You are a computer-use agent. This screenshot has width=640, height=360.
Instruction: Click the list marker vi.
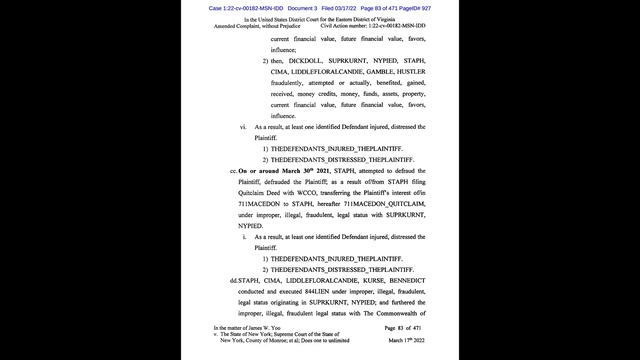pos(243,127)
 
